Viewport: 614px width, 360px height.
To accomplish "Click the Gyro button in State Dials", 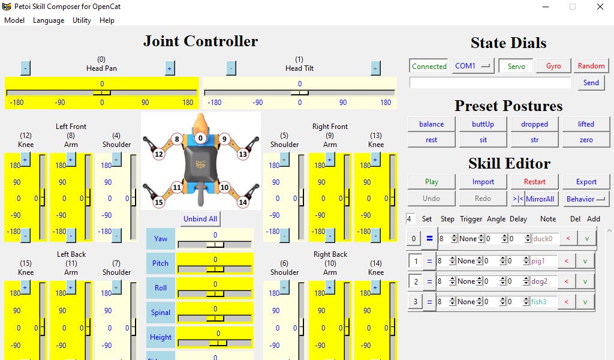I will click(553, 66).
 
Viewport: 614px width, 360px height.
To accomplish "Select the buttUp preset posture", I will click(483, 124).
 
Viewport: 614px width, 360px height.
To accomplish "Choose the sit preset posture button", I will click(483, 140).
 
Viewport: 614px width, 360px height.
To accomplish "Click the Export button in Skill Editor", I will click(586, 182).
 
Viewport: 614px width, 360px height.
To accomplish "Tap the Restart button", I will click(534, 182).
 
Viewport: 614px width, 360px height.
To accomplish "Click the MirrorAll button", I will click(540, 199).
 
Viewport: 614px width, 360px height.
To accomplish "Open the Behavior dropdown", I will click(585, 199).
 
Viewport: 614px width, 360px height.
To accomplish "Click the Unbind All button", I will click(200, 219).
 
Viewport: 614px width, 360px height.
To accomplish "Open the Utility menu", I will click(82, 20).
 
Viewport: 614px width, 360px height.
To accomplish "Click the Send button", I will click(591, 83).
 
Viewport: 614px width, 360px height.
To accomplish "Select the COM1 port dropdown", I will click(472, 66).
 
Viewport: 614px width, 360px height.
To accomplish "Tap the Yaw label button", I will click(161, 239).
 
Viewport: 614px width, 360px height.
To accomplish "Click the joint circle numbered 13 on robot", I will click(243, 154).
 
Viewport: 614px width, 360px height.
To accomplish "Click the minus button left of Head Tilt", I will click(231, 68).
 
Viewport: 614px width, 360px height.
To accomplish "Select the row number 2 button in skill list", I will click(415, 281).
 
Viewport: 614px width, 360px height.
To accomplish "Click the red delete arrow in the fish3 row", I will click(566, 302).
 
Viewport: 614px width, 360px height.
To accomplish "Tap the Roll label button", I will click(161, 288).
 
